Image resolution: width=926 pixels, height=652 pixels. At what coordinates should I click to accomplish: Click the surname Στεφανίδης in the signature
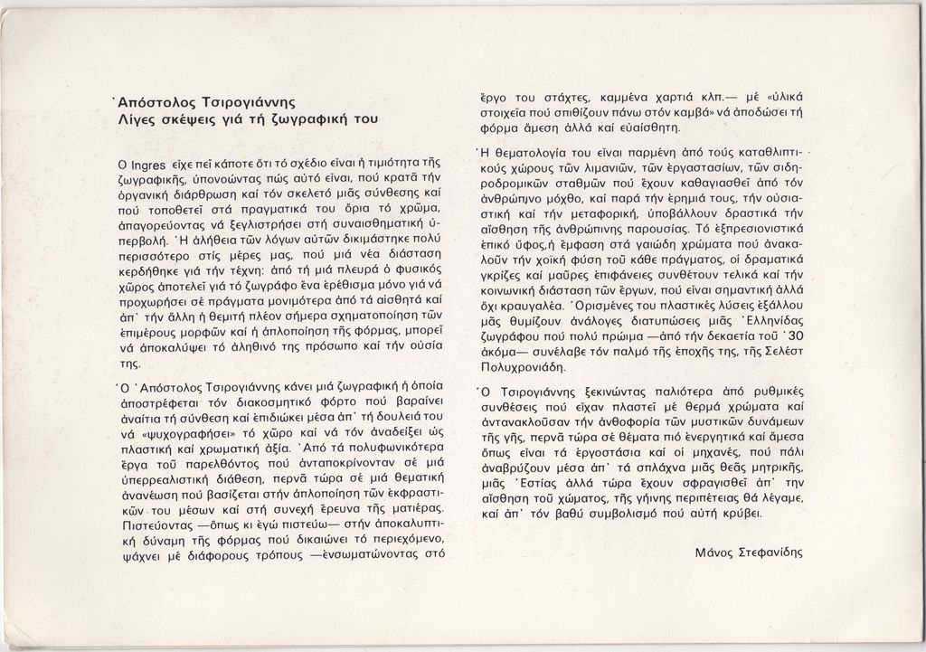[770, 552]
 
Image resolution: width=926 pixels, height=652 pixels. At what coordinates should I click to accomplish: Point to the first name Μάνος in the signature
[715, 552]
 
